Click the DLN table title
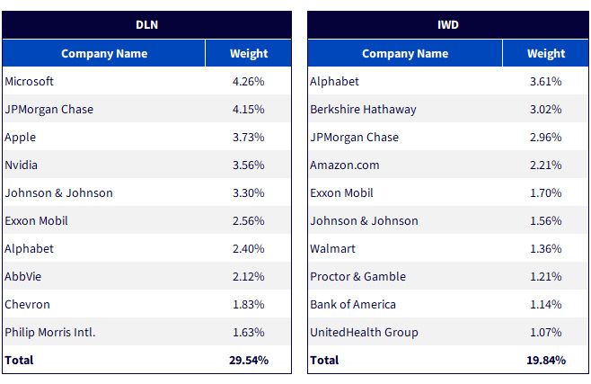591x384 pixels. point(146,25)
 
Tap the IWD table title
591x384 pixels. point(448,25)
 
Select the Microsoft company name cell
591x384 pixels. point(29,81)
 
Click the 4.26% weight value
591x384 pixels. point(249,81)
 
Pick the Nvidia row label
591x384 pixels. point(22,165)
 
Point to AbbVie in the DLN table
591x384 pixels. point(23,276)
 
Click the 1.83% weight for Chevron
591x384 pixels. point(249,304)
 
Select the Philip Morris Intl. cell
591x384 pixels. point(50,333)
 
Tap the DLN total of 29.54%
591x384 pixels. point(249,361)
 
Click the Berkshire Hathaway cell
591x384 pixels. point(363,109)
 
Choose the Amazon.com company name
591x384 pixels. point(345,165)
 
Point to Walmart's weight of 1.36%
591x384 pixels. point(546,248)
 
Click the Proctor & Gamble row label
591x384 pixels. point(358,276)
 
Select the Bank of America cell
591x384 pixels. point(353,304)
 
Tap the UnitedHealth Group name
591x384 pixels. point(364,333)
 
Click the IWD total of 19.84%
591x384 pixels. point(546,361)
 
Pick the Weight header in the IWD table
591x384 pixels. point(546,54)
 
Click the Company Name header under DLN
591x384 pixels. point(104,54)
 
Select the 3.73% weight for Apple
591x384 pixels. point(249,137)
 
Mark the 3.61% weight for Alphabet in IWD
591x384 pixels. point(546,81)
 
